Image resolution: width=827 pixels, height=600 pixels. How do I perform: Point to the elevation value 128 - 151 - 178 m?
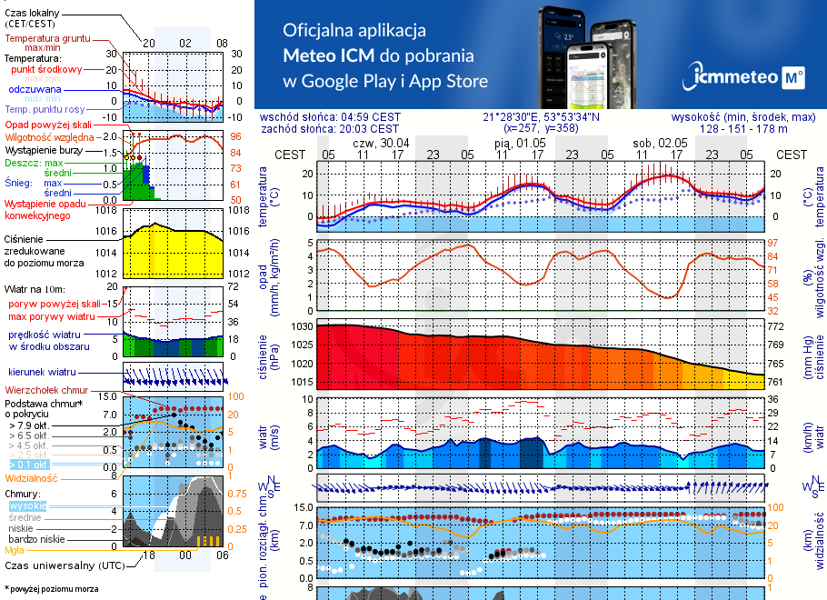point(744,129)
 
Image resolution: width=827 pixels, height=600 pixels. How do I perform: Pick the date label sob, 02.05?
point(660,143)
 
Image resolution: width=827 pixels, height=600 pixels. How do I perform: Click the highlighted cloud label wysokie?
point(26,506)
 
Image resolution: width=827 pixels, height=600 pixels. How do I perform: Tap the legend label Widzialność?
point(32,477)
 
